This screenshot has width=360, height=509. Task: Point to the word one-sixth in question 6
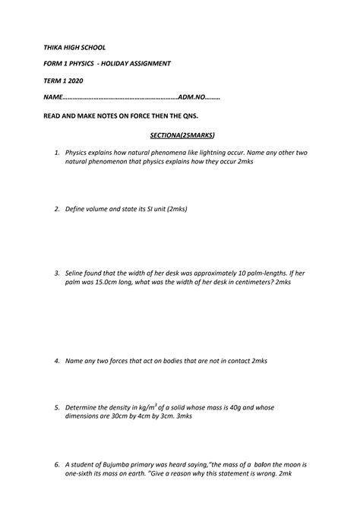pyautogui.click(x=83, y=475)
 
